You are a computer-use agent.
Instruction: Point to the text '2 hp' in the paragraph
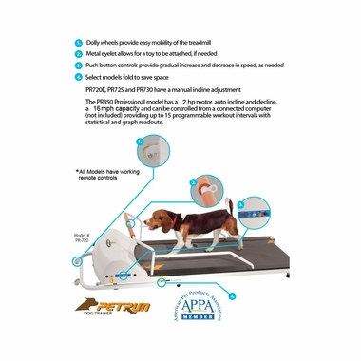(x=197, y=98)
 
